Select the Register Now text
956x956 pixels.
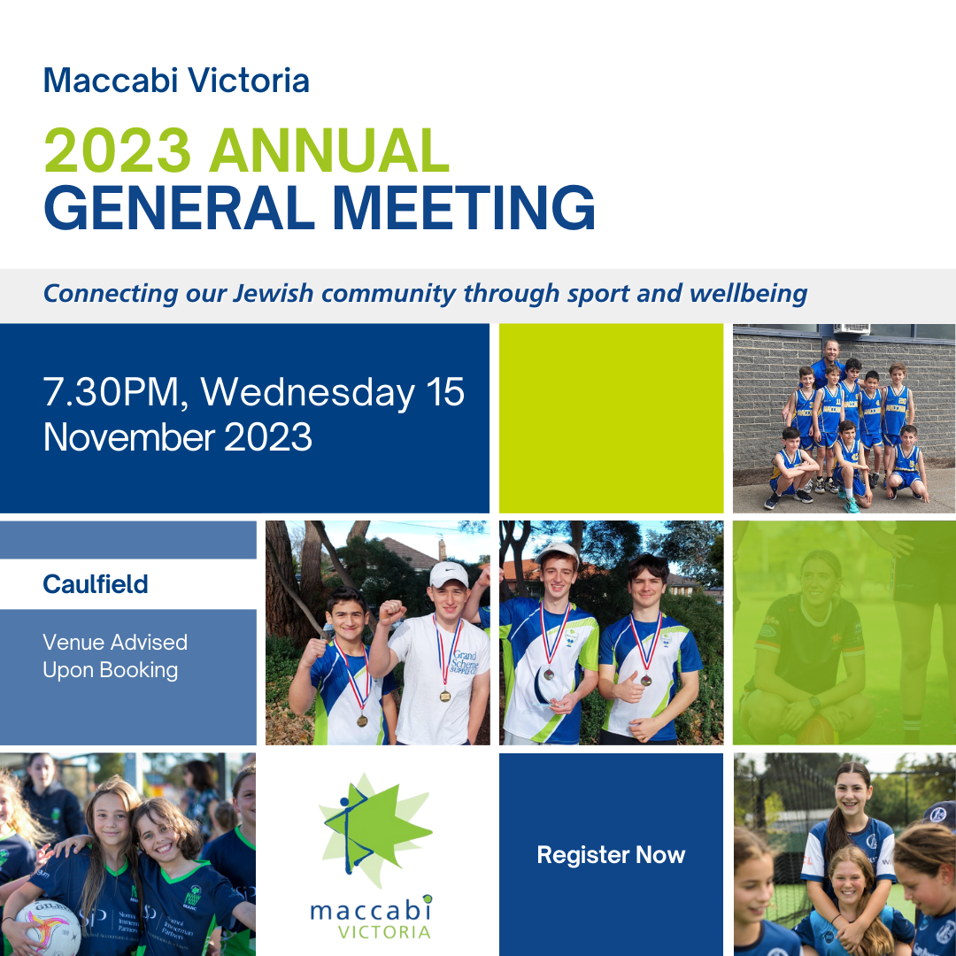point(611,855)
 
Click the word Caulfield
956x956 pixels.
point(95,584)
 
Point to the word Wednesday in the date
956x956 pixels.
point(308,391)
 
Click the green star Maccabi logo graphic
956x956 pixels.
point(374,829)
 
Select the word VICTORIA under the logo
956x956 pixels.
point(384,932)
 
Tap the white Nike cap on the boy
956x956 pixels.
point(449,574)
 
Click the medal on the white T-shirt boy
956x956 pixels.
point(445,696)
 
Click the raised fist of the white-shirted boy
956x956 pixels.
point(392,613)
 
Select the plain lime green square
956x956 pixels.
point(611,418)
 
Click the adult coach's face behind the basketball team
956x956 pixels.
point(831,351)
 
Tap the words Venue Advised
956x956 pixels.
point(115,642)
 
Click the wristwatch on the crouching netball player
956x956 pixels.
point(814,702)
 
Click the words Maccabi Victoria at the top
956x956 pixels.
point(176,80)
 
